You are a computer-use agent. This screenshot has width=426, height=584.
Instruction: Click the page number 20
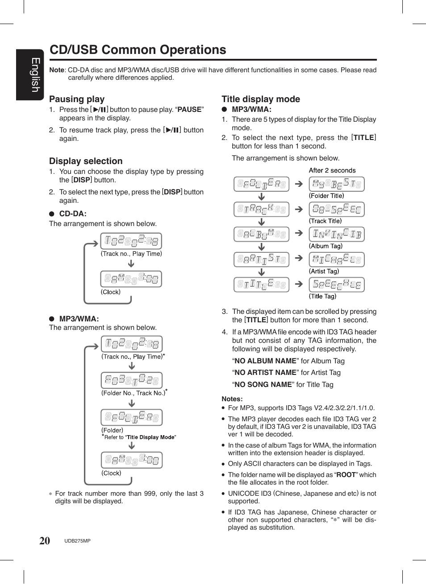click(45, 541)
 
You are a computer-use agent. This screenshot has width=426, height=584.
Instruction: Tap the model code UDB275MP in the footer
click(77, 541)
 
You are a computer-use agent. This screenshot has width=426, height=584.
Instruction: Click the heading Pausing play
click(77, 99)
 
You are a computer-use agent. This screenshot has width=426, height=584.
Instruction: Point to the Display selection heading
click(86, 161)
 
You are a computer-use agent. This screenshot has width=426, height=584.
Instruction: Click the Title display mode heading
click(261, 99)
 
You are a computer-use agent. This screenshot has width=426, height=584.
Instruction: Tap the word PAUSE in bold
click(189, 110)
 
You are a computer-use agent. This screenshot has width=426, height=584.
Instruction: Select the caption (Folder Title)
click(326, 196)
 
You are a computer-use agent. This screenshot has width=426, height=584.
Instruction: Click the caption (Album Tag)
click(326, 246)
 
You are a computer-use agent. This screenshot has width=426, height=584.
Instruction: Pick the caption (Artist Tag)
click(324, 271)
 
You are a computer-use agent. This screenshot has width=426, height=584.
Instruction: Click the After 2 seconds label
click(332, 170)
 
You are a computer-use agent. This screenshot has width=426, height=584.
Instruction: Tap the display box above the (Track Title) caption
click(337, 209)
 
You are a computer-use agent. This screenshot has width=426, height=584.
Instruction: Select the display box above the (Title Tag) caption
click(337, 284)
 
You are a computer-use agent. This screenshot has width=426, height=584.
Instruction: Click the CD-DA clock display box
click(131, 279)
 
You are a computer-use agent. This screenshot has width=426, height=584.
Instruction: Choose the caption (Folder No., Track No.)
click(133, 393)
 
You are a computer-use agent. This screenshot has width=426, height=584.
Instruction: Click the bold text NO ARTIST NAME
click(265, 373)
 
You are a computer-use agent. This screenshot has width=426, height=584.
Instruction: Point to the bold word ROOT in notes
click(346, 475)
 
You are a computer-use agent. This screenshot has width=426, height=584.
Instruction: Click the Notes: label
click(232, 399)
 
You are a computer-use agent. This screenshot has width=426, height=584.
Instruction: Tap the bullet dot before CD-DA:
click(52, 214)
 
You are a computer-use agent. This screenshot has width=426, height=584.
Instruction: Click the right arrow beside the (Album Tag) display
click(299, 233)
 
